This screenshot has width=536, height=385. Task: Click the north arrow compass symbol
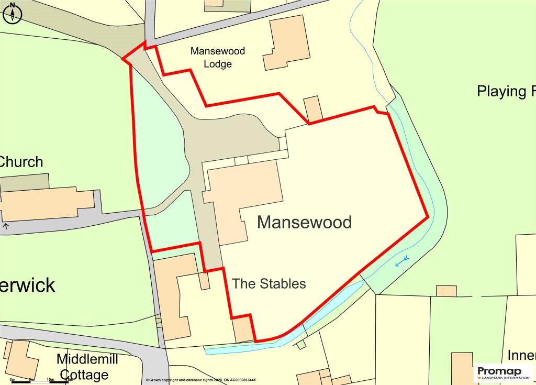click(x=13, y=13)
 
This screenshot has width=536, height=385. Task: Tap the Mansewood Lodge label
click(x=217, y=58)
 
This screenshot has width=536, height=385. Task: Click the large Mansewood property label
click(x=304, y=222)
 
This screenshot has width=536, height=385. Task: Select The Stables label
click(x=269, y=284)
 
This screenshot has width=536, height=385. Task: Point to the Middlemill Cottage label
click(x=87, y=367)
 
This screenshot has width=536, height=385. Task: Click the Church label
click(x=21, y=162)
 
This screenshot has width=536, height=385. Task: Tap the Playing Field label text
click(x=506, y=91)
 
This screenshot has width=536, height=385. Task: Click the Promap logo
click(x=503, y=373)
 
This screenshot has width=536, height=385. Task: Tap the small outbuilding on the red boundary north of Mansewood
click(x=313, y=109)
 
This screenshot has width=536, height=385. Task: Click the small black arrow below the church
click(x=6, y=226)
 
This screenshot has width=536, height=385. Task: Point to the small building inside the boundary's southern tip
click(x=243, y=329)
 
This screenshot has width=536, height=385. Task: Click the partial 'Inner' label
click(x=521, y=356)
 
